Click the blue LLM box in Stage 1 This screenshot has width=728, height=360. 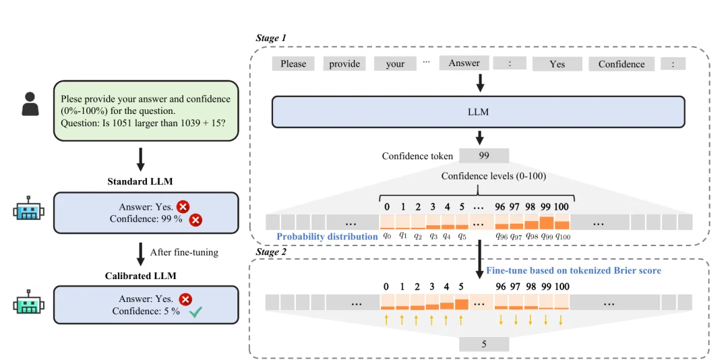(x=478, y=111)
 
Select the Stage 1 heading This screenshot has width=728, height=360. (x=271, y=38)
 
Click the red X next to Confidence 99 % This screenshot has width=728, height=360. (x=196, y=219)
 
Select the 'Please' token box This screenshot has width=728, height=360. (x=293, y=63)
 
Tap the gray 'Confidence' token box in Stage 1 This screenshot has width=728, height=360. (x=621, y=63)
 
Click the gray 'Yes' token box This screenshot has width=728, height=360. (x=557, y=63)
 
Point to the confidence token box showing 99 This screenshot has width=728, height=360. (x=484, y=156)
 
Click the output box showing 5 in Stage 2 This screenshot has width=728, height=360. (x=484, y=344)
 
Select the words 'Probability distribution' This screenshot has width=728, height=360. (x=327, y=237)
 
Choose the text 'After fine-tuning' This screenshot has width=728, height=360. (x=184, y=253)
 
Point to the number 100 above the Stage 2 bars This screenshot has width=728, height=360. (x=561, y=287)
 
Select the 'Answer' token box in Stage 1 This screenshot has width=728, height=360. (x=464, y=63)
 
